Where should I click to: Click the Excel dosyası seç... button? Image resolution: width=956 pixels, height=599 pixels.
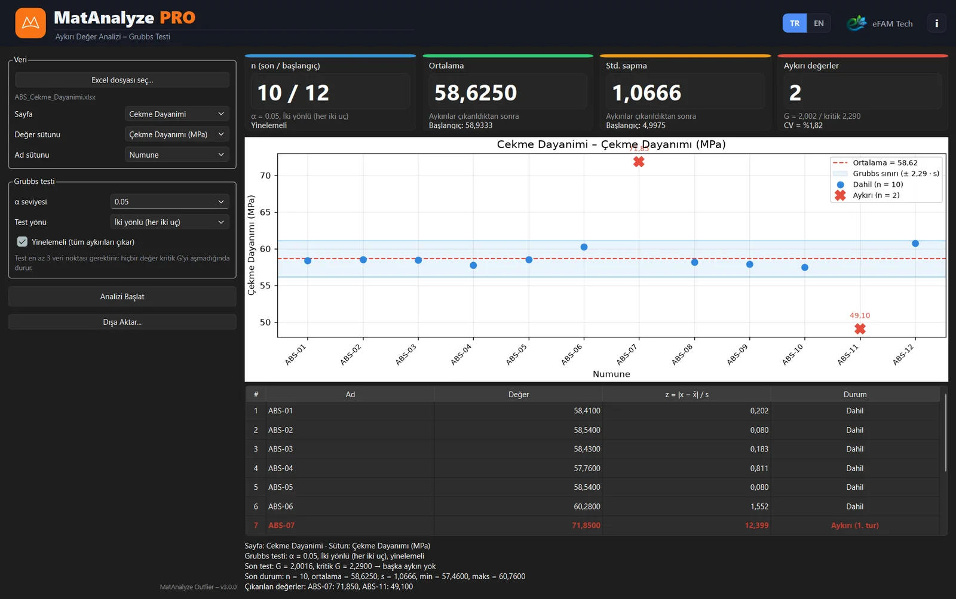pyautogui.click(x=122, y=80)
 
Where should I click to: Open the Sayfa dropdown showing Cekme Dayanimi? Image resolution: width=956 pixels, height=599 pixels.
pyautogui.click(x=176, y=114)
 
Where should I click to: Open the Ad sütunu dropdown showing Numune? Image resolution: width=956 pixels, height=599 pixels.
pyautogui.click(x=176, y=155)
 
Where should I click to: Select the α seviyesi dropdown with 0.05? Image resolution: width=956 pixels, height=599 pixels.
pyautogui.click(x=170, y=201)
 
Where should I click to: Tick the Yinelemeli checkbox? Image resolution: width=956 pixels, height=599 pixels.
pyautogui.click(x=22, y=242)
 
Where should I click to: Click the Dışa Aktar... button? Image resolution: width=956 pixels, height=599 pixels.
pyautogui.click(x=122, y=322)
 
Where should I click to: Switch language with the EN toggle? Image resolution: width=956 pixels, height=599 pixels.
pyautogui.click(x=818, y=23)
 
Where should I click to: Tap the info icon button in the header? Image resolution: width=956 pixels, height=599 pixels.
pyautogui.click(x=936, y=23)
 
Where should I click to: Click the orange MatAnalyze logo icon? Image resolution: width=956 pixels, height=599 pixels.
pyautogui.click(x=30, y=23)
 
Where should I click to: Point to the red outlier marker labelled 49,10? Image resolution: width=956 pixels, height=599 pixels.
pyautogui.click(x=860, y=328)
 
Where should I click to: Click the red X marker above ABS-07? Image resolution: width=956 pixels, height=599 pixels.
pyautogui.click(x=639, y=162)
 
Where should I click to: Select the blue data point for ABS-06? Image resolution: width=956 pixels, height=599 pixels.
pyautogui.click(x=584, y=247)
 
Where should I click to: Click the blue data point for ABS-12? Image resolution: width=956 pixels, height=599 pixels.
pyautogui.click(x=915, y=244)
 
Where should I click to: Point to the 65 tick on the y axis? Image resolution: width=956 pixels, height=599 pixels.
pyautogui.click(x=265, y=213)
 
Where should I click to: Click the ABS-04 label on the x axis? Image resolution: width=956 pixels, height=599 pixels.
pyautogui.click(x=461, y=355)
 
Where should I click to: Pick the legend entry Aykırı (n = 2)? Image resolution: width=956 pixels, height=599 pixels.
pyautogui.click(x=876, y=195)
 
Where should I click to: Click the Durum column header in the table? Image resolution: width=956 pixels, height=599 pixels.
pyautogui.click(x=855, y=394)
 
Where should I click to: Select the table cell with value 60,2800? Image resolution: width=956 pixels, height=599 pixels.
pyautogui.click(x=587, y=506)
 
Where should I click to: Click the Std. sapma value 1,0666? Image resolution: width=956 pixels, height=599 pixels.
pyautogui.click(x=646, y=93)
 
